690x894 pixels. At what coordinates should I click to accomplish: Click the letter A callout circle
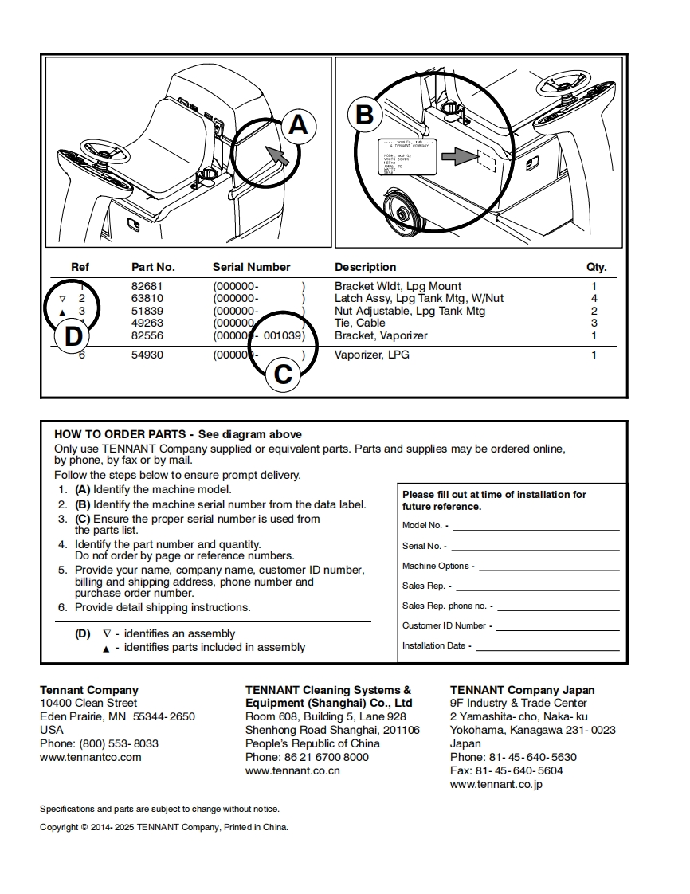coord(297,124)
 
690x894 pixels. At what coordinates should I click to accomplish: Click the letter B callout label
coord(364,116)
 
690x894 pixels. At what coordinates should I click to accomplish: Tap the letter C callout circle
coord(283,373)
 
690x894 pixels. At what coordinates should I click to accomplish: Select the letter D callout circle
coord(73,336)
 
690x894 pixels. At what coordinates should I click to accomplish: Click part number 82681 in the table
coord(147,286)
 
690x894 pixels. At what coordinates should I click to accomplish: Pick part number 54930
coord(147,355)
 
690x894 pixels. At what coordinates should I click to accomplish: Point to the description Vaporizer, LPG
coord(372,355)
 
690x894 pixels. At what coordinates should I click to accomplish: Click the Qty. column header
coord(596,267)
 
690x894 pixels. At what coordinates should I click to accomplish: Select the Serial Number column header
coord(251,267)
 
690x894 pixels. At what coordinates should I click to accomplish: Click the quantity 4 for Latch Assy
coord(594,298)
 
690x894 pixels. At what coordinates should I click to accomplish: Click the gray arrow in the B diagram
coord(458,158)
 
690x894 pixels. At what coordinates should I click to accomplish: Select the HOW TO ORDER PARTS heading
coord(123,434)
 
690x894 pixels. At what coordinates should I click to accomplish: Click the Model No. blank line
coord(535,526)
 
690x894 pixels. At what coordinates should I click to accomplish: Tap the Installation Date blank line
coord(547,646)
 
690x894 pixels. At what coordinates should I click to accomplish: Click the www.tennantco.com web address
coord(90,757)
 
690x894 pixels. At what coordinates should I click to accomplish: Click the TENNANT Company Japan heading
coord(522,690)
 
